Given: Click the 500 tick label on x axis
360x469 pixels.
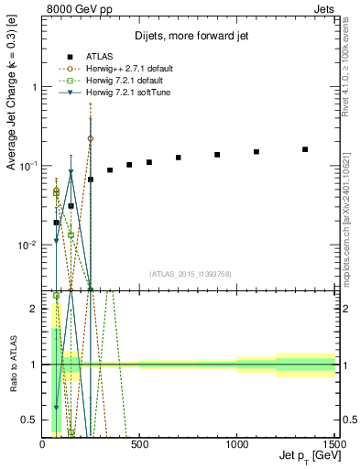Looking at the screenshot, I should tap(140, 443).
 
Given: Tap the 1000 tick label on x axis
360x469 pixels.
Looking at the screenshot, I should tap(237, 443).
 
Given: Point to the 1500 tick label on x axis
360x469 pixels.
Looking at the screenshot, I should tap(333, 443).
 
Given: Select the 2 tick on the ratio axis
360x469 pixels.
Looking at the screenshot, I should tap(33, 309).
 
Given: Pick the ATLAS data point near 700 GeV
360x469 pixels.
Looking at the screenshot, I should tap(179, 158).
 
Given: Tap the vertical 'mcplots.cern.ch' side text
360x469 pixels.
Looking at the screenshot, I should tap(351, 220).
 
